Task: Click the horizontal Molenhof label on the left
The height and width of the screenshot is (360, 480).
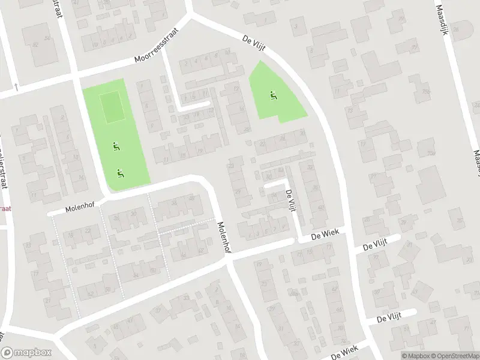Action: (80, 208)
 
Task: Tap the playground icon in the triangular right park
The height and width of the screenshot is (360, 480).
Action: (273, 94)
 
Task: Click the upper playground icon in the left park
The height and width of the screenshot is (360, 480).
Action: (115, 145)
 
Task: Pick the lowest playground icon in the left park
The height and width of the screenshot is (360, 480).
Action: (120, 173)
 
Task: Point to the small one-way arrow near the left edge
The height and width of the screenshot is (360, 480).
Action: (16, 87)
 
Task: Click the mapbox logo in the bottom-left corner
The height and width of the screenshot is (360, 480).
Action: (26, 353)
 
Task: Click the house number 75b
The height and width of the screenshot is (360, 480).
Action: (426, 91)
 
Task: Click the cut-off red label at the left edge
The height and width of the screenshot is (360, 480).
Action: (5, 208)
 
